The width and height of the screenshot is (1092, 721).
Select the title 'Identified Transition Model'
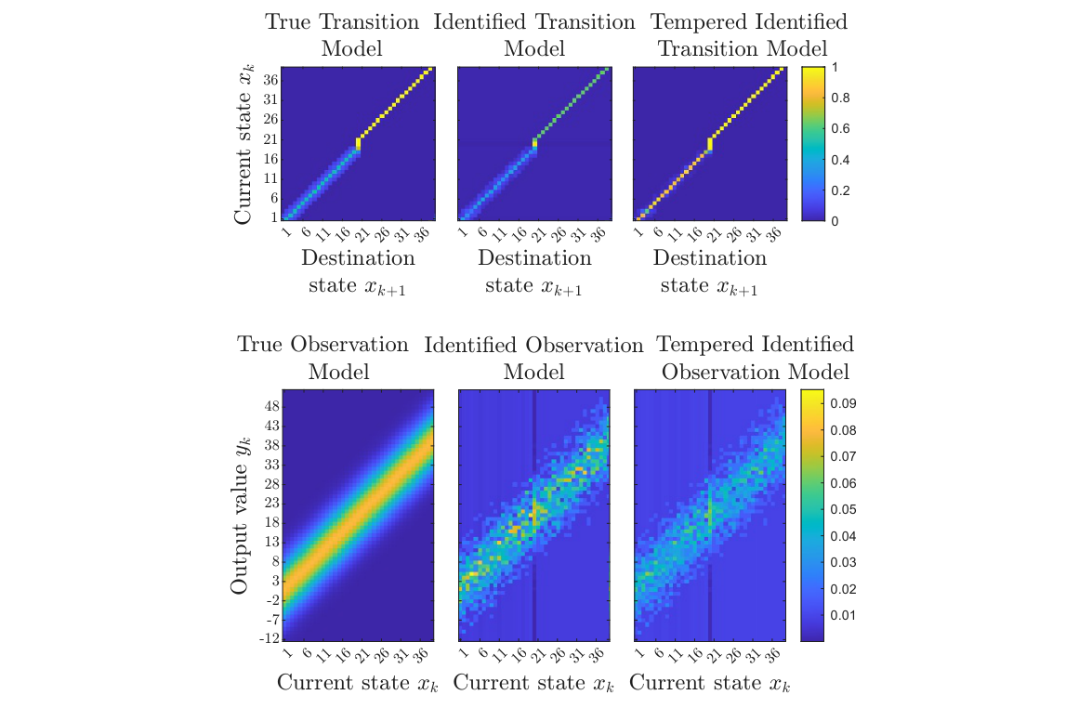(x=534, y=34)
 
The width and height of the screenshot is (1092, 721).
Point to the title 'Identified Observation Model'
(x=534, y=358)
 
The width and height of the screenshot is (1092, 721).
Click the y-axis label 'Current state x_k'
(x=243, y=144)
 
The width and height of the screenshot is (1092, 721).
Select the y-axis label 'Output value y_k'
(x=241, y=515)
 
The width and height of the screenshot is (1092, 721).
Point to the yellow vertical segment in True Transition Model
(x=358, y=145)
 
